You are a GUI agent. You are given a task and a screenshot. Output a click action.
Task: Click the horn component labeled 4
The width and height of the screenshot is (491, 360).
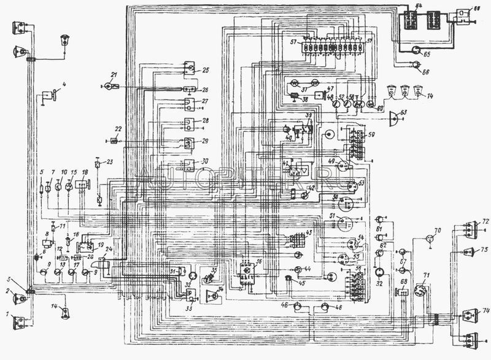[48, 96]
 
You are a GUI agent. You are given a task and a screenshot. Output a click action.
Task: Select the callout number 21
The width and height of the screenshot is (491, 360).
[113, 74]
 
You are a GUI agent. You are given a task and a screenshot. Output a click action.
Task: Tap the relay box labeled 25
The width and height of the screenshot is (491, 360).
[190, 69]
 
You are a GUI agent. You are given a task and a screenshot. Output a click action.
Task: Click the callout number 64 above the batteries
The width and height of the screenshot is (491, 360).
[419, 6]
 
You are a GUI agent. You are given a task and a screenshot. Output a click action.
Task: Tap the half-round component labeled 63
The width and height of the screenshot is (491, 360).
[393, 117]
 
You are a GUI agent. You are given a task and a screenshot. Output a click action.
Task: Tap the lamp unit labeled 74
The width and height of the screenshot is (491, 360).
[469, 315]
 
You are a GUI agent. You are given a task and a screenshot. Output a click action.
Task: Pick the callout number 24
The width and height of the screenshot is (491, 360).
[109, 249]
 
